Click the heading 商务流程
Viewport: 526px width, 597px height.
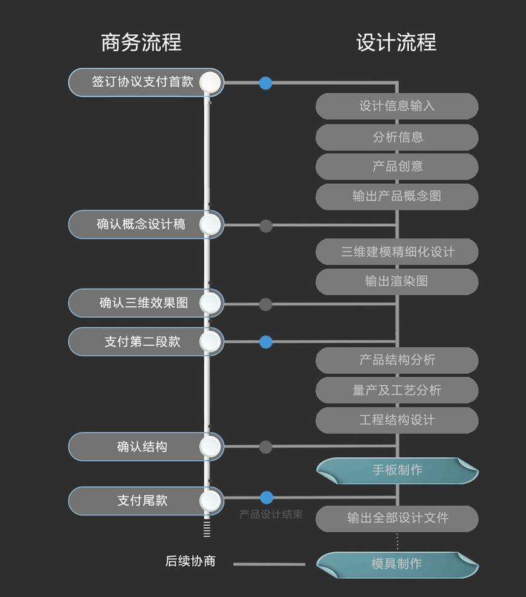[x=141, y=43]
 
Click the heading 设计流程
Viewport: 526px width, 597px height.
[x=396, y=43]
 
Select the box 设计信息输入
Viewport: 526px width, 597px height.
[x=397, y=106]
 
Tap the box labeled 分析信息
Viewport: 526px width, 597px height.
[x=397, y=137]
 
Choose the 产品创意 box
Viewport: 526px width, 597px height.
[x=397, y=166]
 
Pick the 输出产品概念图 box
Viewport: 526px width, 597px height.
[x=397, y=197]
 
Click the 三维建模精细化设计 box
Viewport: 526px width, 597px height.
[x=397, y=252]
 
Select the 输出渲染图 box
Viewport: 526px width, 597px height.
[x=397, y=281]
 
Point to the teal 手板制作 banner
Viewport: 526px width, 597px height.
[x=397, y=471]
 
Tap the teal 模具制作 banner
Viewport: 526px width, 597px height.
[x=397, y=564]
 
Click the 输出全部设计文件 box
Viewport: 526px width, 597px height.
[x=397, y=518]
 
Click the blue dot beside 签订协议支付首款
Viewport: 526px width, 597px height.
[x=265, y=83]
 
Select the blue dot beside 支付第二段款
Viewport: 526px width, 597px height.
[x=265, y=342]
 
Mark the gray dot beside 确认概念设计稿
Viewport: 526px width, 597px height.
[x=265, y=226]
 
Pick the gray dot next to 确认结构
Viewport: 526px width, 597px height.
[x=265, y=447]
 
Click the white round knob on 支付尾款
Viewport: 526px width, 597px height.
[x=210, y=501]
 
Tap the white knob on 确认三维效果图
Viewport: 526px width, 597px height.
[x=210, y=303]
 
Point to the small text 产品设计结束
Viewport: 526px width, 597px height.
[x=271, y=515]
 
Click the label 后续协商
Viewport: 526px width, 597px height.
[x=190, y=561]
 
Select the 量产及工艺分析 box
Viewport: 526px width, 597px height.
[x=397, y=390]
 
